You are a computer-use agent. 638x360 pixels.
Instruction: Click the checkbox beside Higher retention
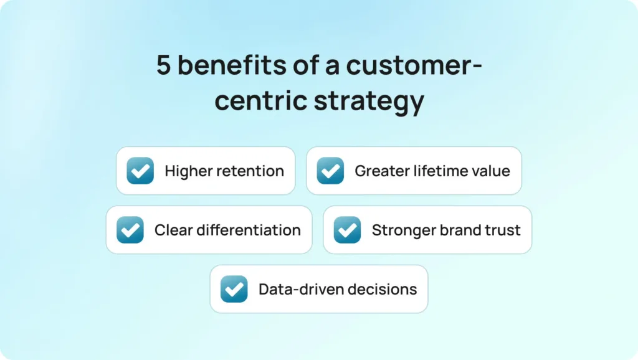pyautogui.click(x=140, y=171)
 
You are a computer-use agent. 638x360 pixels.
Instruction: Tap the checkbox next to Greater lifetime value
pyautogui.click(x=330, y=171)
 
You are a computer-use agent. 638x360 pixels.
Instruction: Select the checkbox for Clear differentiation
pyautogui.click(x=130, y=230)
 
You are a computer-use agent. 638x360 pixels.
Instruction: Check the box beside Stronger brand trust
pyautogui.click(x=348, y=230)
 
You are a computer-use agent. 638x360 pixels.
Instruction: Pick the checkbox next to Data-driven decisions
pyautogui.click(x=234, y=289)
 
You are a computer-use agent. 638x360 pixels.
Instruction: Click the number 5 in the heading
pyautogui.click(x=163, y=65)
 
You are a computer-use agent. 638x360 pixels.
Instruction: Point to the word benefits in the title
pyautogui.click(x=232, y=65)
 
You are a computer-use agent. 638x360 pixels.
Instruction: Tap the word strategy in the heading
pyautogui.click(x=369, y=101)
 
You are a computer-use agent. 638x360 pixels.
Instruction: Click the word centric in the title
pyautogui.click(x=261, y=100)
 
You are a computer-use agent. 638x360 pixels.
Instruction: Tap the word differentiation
pyautogui.click(x=249, y=230)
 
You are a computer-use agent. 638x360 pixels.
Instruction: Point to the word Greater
pyautogui.click(x=382, y=171)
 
